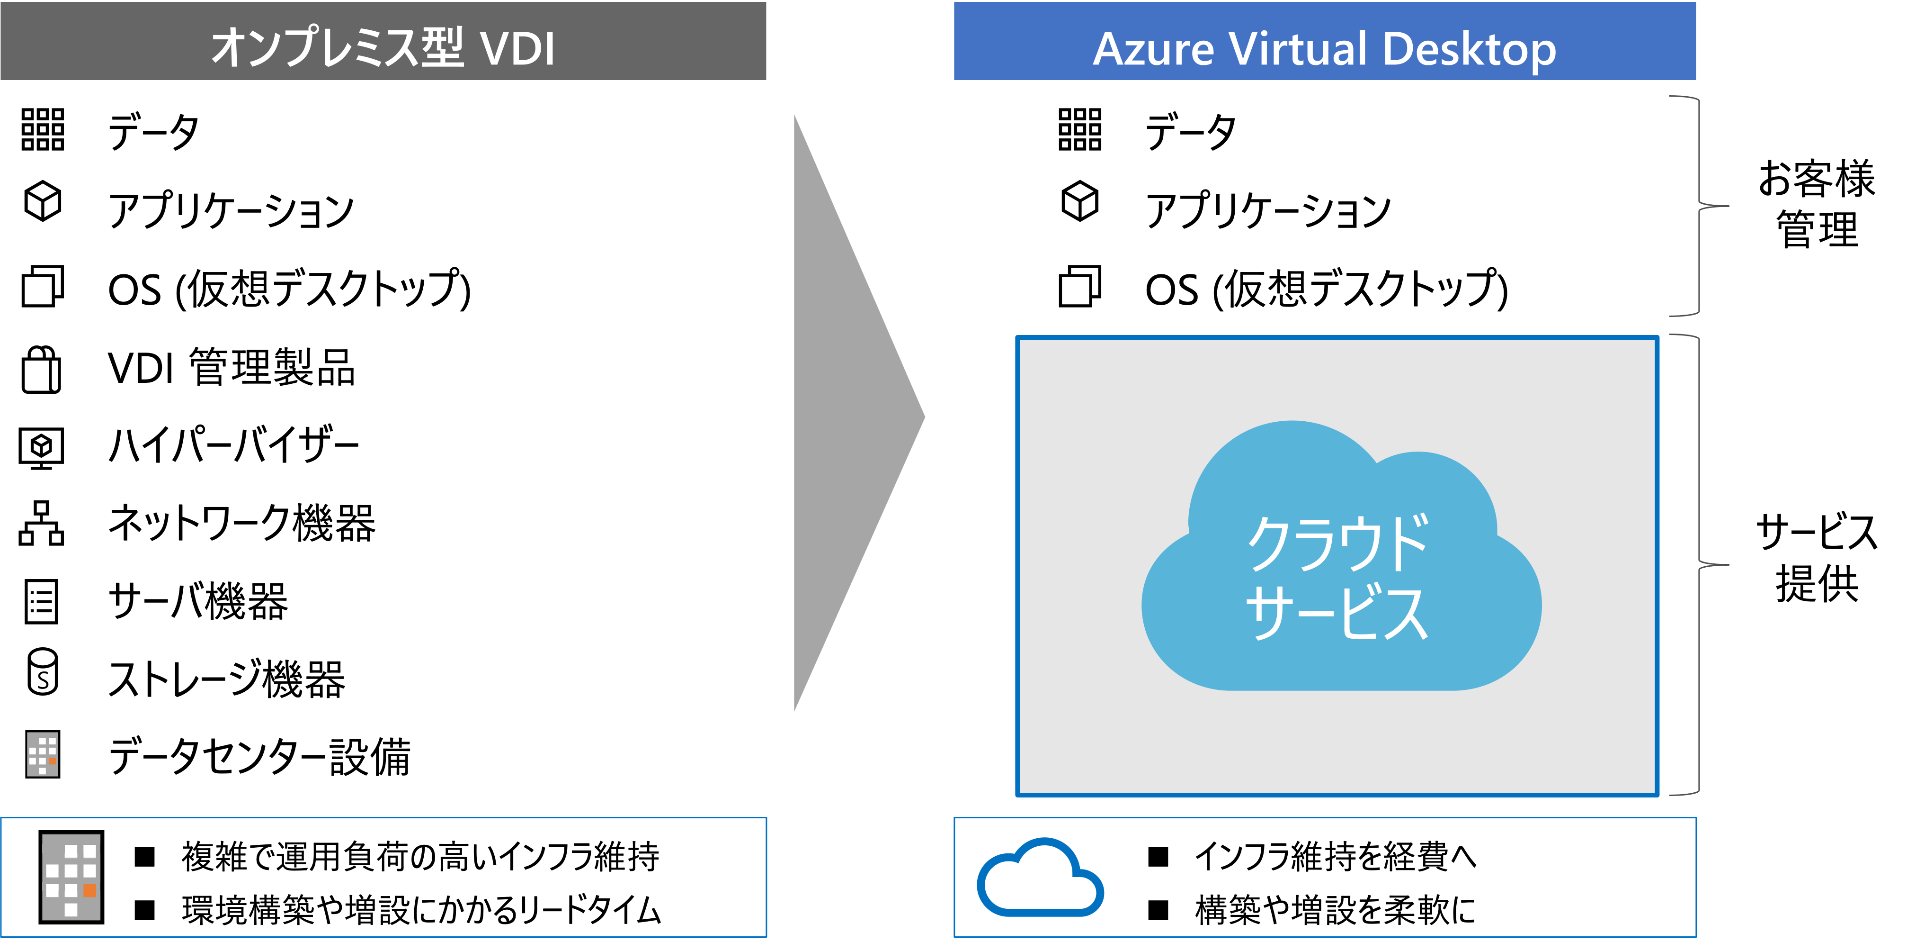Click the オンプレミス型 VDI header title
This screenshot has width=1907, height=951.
tap(383, 47)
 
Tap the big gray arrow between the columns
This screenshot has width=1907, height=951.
tap(859, 413)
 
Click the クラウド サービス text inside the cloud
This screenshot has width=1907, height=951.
tap(1337, 578)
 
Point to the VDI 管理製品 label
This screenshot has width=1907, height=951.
tap(231, 367)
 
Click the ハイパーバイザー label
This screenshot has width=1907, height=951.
tap(233, 445)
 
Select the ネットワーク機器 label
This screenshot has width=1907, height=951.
tap(241, 523)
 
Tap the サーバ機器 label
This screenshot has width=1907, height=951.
tap(197, 601)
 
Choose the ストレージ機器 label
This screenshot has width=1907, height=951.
tap(226, 679)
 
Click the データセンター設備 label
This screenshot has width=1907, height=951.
tap(259, 756)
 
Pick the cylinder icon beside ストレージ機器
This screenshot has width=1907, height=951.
tap(42, 672)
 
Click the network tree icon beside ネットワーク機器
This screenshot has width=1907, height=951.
tap(42, 523)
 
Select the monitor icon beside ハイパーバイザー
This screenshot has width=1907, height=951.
tap(42, 447)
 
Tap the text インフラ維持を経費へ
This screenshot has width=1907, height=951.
tap(1336, 856)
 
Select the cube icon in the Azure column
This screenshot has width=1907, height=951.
tap(1080, 201)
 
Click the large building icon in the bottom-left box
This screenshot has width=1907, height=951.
tap(71, 877)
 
